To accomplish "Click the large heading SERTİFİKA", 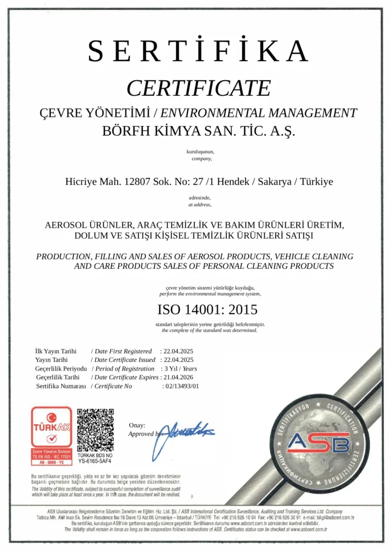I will pos(198,52).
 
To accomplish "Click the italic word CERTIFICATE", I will pos(198,88).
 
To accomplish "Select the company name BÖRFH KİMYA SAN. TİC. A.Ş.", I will pos(199,130).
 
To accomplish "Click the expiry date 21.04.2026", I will pos(178,377).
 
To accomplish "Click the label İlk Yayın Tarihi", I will pos(56,351).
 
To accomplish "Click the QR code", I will pos(95,429).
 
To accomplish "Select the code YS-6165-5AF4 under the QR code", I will pos(95,461).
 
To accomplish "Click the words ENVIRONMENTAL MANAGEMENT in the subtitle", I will pos(259,113).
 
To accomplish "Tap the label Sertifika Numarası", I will pos(61,386).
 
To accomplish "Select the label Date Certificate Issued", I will pos(125,360).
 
